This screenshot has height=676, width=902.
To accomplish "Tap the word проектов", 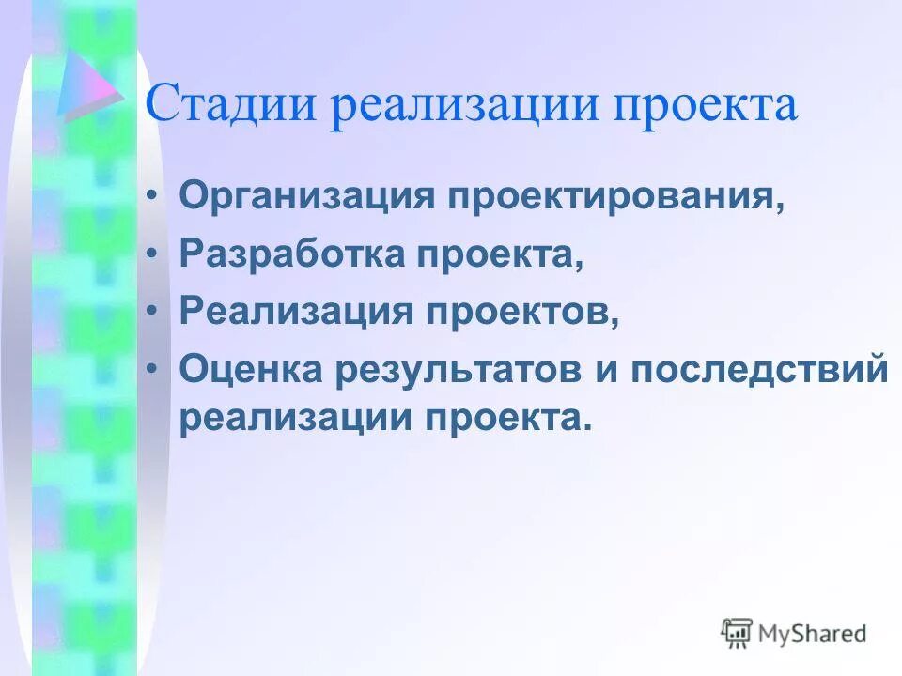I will (522, 313).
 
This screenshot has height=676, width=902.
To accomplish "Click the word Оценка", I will (245, 369).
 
